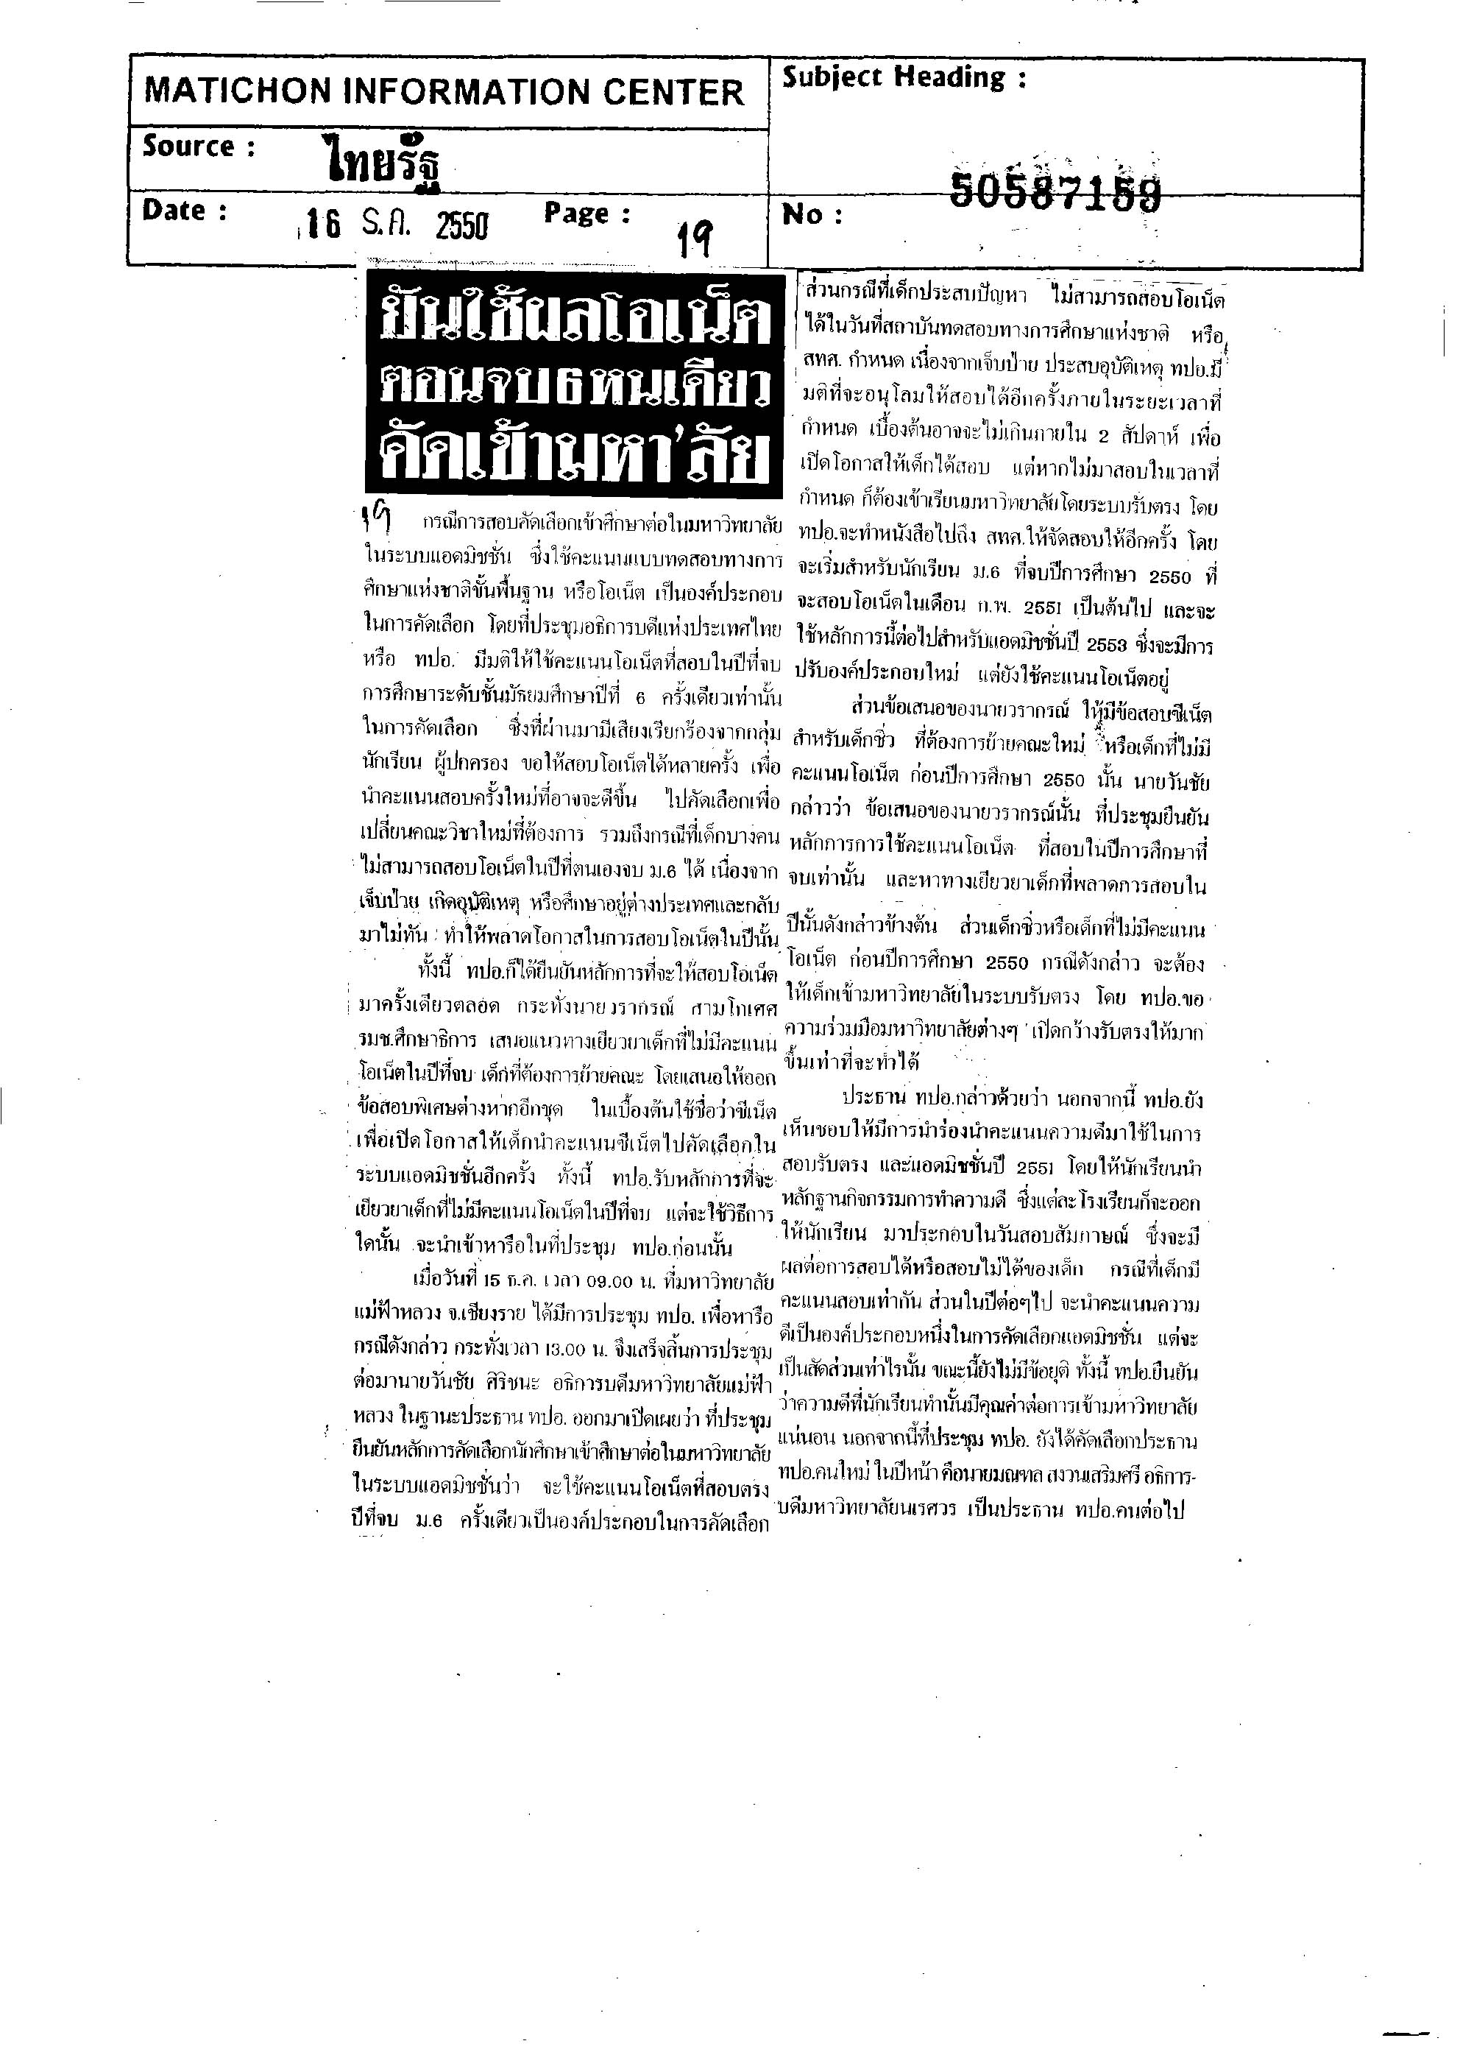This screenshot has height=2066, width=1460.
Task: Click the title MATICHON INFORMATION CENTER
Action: point(444,92)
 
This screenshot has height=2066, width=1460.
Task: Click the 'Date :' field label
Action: point(185,211)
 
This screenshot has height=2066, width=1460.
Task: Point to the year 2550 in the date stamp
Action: point(461,225)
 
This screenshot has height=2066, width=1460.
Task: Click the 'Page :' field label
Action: point(587,214)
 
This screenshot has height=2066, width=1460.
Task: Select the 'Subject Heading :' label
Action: point(903,78)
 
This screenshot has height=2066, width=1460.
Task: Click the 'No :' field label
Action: point(812,215)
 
